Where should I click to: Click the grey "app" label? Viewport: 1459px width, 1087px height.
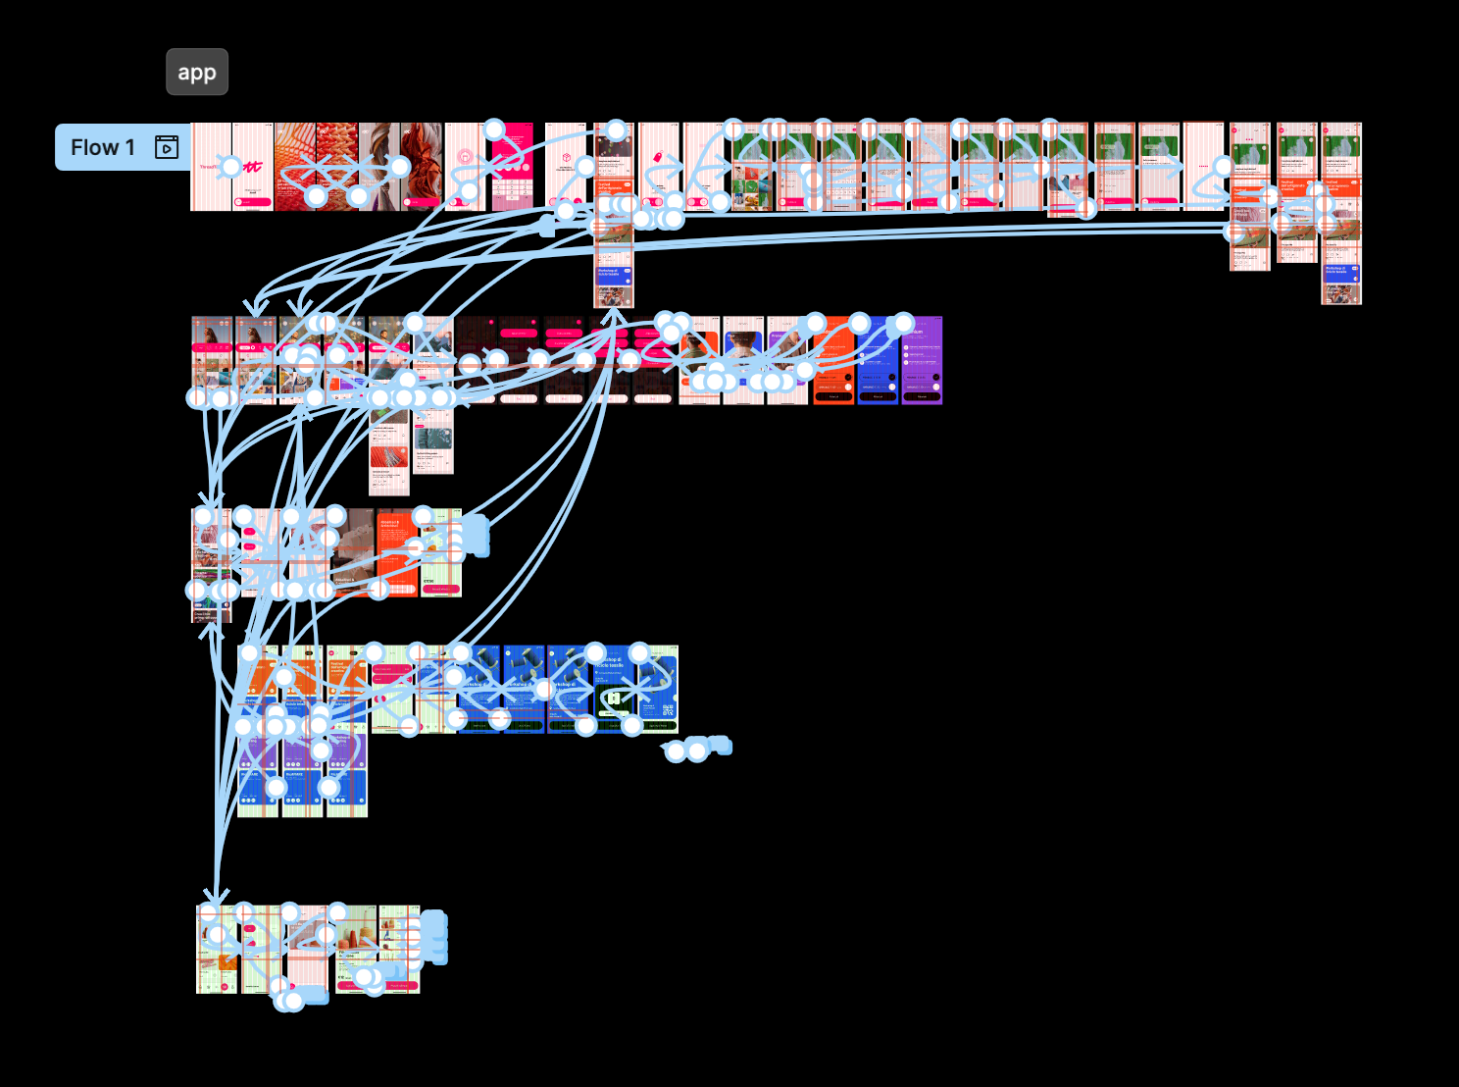(x=197, y=72)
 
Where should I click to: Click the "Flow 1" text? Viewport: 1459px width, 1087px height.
(x=102, y=147)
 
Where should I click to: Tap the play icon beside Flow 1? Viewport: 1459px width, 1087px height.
(x=167, y=147)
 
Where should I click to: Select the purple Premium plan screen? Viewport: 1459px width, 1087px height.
(x=922, y=360)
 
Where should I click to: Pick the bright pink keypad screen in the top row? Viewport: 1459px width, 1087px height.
(x=513, y=167)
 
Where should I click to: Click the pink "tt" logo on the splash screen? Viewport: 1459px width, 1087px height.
(x=253, y=167)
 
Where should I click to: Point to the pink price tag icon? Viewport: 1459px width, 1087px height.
(x=658, y=157)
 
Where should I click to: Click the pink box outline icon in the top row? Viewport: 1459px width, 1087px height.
(x=566, y=157)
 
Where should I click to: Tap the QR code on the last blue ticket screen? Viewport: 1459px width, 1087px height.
(x=668, y=709)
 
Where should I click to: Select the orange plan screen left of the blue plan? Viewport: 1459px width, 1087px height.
(x=833, y=360)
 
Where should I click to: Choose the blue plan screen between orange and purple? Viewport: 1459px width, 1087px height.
(x=878, y=360)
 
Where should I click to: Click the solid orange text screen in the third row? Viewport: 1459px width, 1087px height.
(x=397, y=554)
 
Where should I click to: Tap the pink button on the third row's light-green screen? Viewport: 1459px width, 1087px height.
(x=440, y=589)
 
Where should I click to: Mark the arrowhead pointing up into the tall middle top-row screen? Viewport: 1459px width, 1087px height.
(x=614, y=316)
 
